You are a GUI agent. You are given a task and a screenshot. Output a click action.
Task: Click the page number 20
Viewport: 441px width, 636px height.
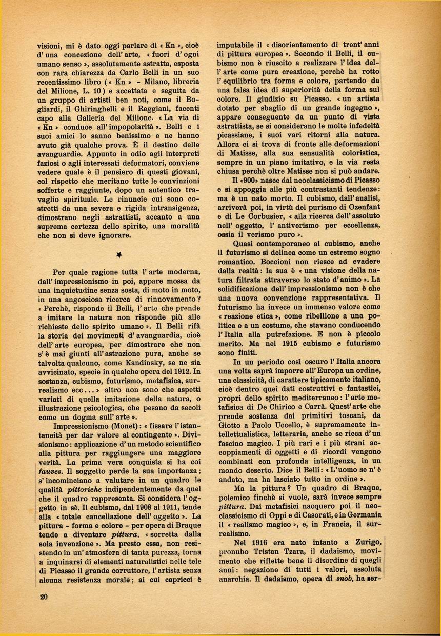pos(43,596)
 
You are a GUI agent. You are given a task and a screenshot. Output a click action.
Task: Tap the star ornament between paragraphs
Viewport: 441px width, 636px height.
pos(119,254)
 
